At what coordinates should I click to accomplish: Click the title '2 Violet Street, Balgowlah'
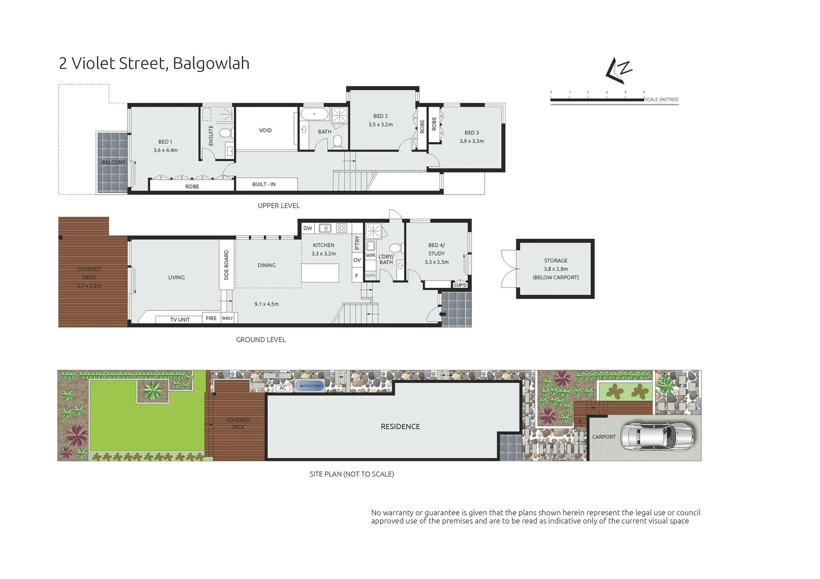coord(154,63)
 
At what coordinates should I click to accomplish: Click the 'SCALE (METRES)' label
coord(661,100)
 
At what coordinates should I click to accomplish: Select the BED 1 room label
coord(165,142)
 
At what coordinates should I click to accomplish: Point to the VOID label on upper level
coord(265,130)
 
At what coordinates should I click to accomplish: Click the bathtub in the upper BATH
coord(314,114)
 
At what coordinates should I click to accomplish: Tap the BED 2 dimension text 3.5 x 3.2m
coord(380,124)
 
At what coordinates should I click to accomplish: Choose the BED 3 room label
coord(472,132)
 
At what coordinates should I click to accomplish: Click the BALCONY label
coord(113,162)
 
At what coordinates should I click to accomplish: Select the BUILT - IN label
coord(264,184)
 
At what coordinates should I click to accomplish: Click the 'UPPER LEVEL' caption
coord(279,206)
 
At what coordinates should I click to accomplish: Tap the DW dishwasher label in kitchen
coord(307,228)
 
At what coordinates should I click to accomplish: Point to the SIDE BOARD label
coord(226,265)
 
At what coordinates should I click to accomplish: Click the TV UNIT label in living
coord(180,320)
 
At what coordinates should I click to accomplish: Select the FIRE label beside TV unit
coord(211,318)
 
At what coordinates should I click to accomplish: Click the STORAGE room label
coord(555,261)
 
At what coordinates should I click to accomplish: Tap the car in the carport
coord(657,436)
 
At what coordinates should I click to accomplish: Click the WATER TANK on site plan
coord(310,386)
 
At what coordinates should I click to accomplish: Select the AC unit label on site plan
coord(283,388)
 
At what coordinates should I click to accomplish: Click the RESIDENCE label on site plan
coord(400,427)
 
